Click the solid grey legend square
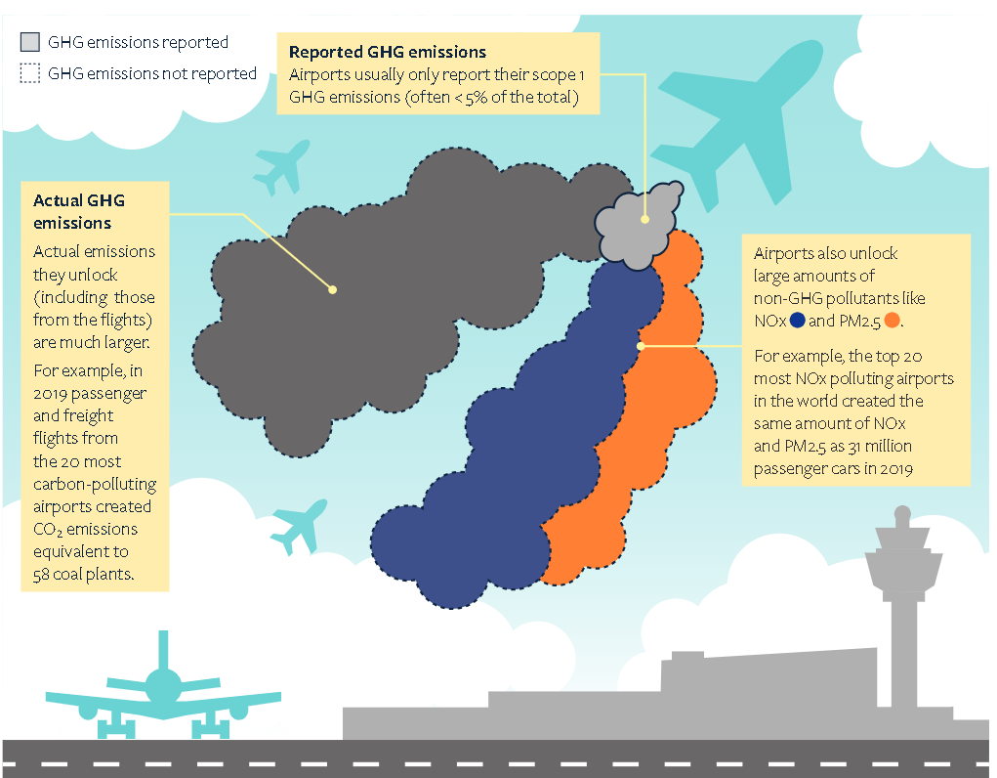31,42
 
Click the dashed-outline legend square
31,73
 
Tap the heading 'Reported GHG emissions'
388,52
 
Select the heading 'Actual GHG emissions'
79,211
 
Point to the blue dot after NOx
798,321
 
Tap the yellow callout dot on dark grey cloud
332,289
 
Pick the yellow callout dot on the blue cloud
641,345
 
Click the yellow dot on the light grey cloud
644,220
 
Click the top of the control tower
902,514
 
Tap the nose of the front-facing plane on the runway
162,683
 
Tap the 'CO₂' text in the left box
49,529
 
